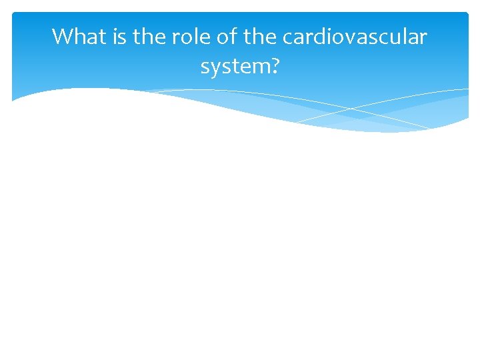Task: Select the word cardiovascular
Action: (355, 37)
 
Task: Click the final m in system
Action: (260, 66)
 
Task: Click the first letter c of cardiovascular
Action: (287, 38)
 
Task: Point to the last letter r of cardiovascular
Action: (423, 38)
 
